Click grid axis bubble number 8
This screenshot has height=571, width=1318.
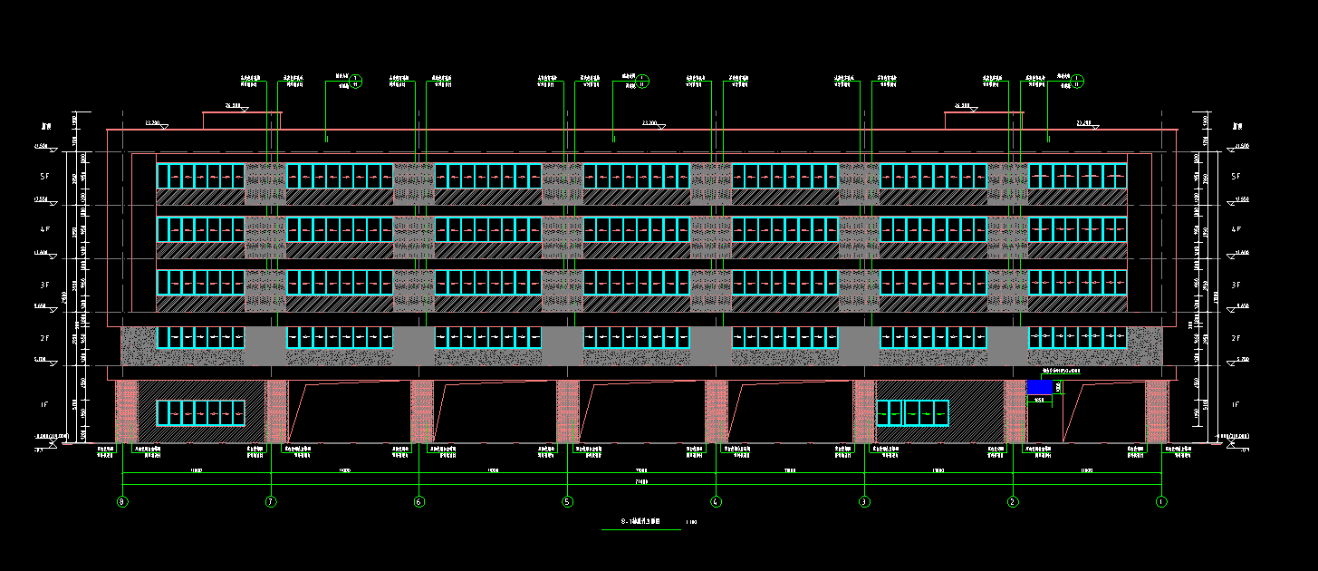122,501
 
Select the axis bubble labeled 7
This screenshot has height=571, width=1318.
270,501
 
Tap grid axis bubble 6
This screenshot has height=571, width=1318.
418,501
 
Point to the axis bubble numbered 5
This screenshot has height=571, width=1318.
567,501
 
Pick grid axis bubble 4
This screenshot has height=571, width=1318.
716,501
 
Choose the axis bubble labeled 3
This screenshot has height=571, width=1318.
864,501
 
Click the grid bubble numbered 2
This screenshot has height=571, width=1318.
1013,501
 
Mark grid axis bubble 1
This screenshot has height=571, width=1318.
1161,501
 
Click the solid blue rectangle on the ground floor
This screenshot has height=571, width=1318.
1039,387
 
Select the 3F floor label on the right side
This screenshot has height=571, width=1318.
1237,284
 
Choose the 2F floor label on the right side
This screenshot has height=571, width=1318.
1237,337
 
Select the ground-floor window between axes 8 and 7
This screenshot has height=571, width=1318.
200,412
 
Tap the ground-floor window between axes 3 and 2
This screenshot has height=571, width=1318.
911,412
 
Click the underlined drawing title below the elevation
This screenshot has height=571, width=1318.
640,522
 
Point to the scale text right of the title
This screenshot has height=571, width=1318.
692,522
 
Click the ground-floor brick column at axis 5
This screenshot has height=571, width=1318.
567,411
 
